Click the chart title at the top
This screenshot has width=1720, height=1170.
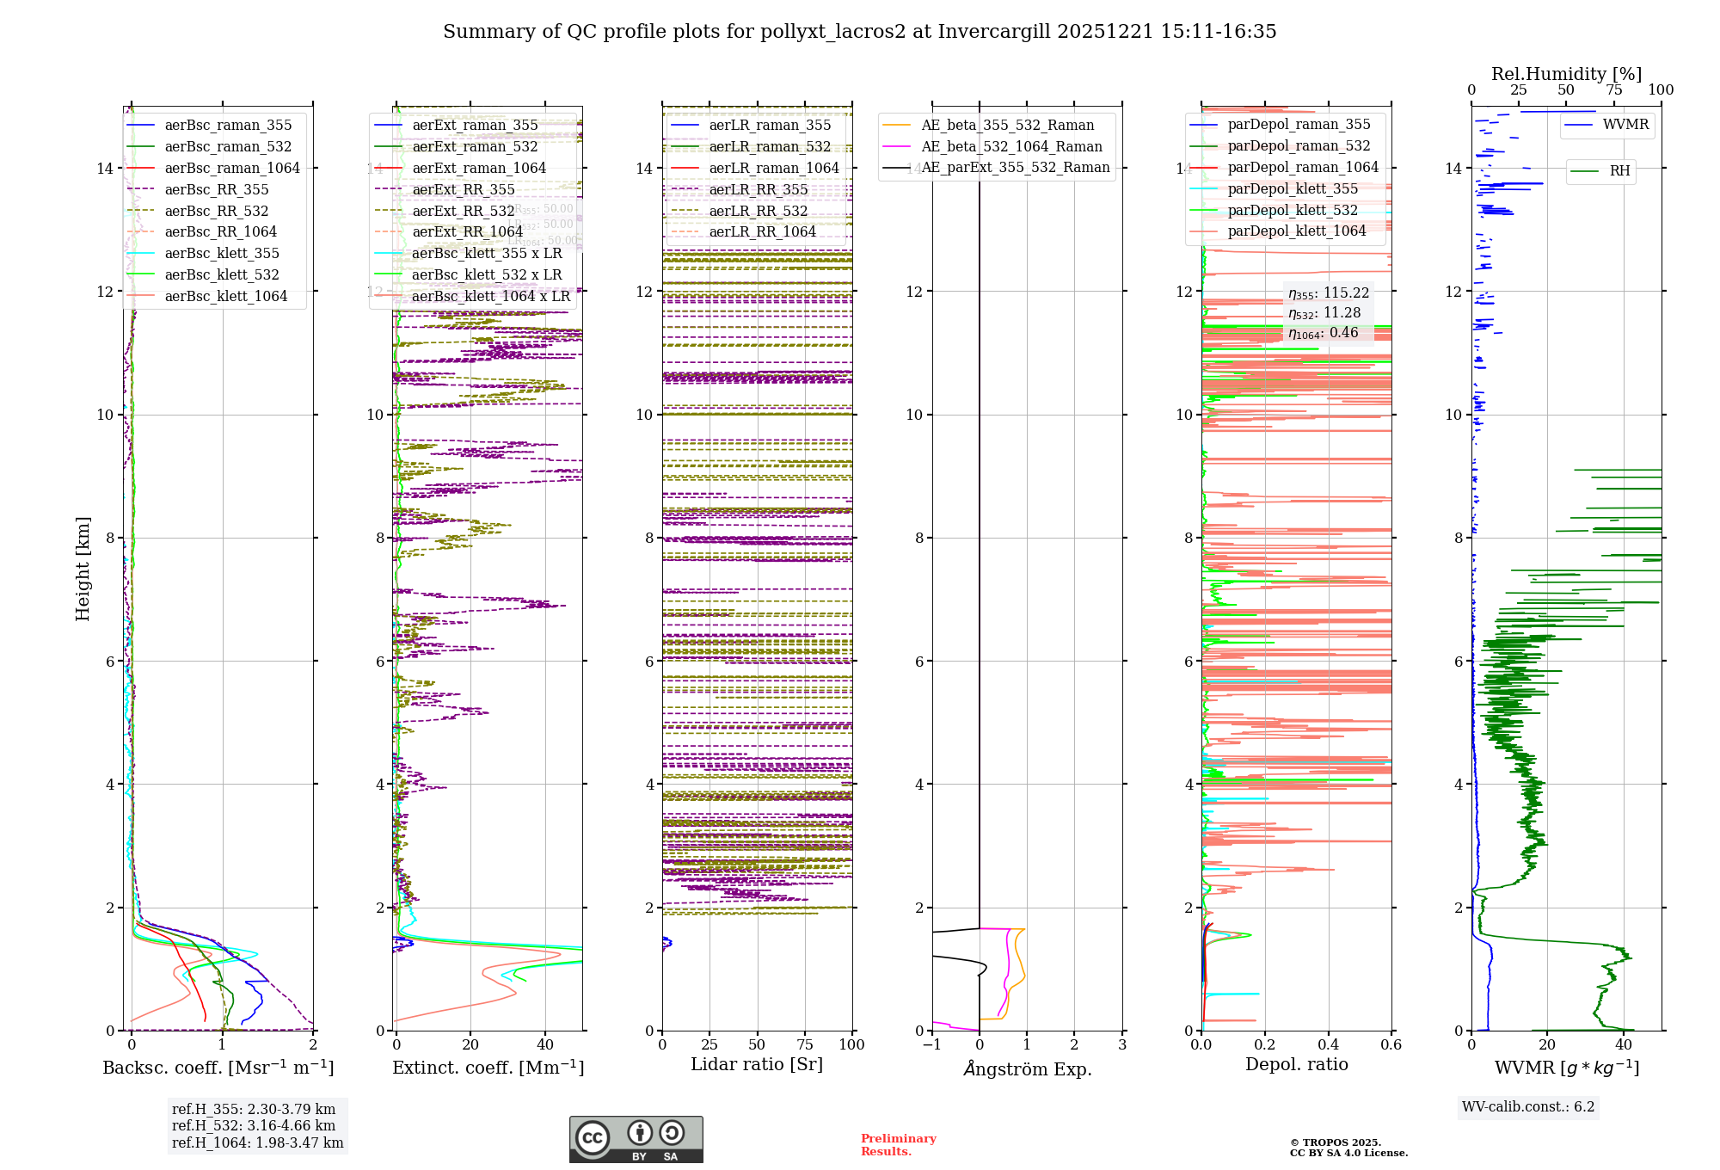[859, 32]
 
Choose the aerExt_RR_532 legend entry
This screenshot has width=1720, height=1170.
[464, 211]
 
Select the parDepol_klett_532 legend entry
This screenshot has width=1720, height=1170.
[1293, 210]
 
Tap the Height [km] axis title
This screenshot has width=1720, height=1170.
[83, 568]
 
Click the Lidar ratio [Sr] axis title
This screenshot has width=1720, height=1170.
[757, 1064]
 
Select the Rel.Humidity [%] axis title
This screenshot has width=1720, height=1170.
[1566, 74]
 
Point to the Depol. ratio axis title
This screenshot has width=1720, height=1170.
[1296, 1064]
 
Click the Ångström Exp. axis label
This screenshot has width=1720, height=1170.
[1028, 1068]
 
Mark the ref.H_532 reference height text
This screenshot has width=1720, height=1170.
[254, 1125]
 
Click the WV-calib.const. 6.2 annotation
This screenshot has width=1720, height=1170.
[1528, 1106]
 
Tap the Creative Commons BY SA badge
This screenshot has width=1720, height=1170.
[636, 1139]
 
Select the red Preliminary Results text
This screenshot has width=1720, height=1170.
[898, 1144]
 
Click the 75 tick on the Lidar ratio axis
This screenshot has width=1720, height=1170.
[805, 1044]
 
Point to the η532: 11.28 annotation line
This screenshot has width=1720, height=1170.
[1324, 313]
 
